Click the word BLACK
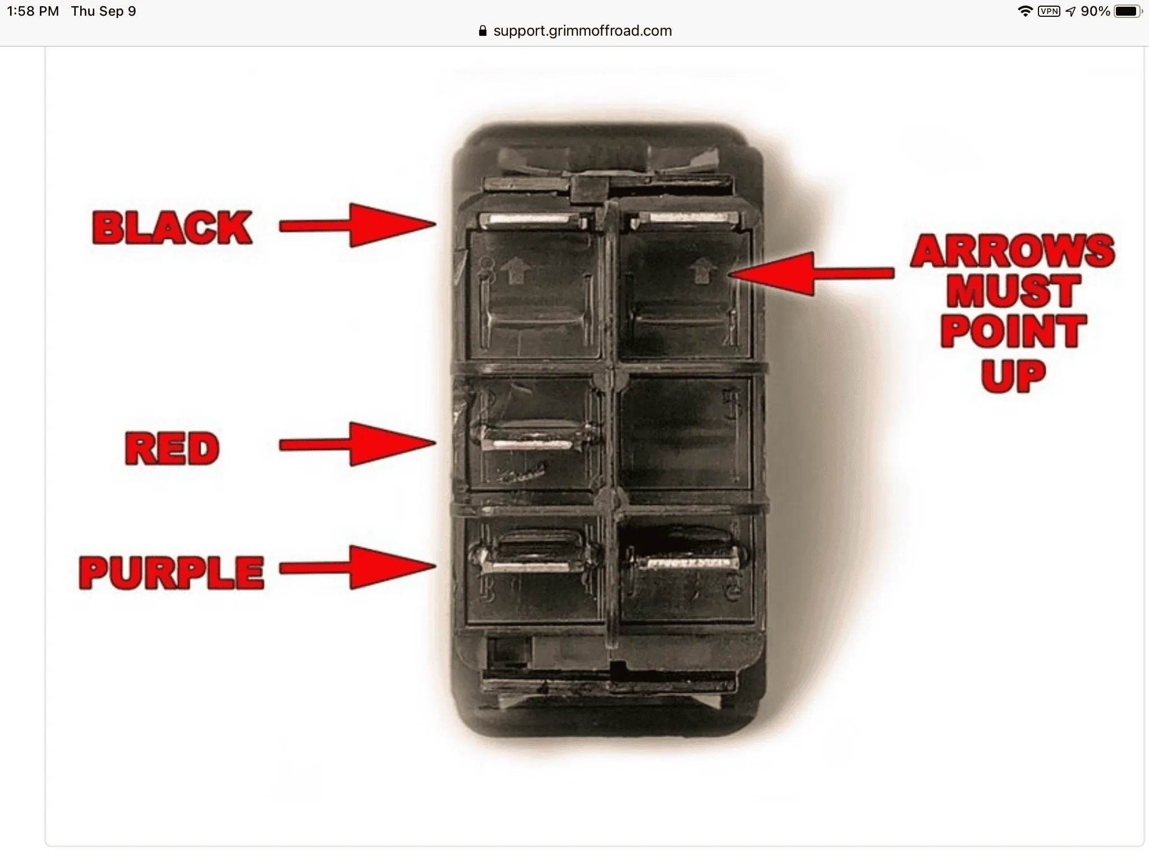point(172,228)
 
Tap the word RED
point(172,448)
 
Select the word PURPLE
point(172,572)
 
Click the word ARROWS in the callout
point(1013,251)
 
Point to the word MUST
point(1013,291)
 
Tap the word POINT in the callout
point(1013,331)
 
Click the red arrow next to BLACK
point(357,225)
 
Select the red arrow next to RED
point(357,444)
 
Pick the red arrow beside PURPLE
point(357,567)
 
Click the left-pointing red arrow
point(811,274)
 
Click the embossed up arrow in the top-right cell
point(699,272)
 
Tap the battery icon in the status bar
point(1128,11)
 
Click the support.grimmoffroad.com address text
point(582,31)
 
